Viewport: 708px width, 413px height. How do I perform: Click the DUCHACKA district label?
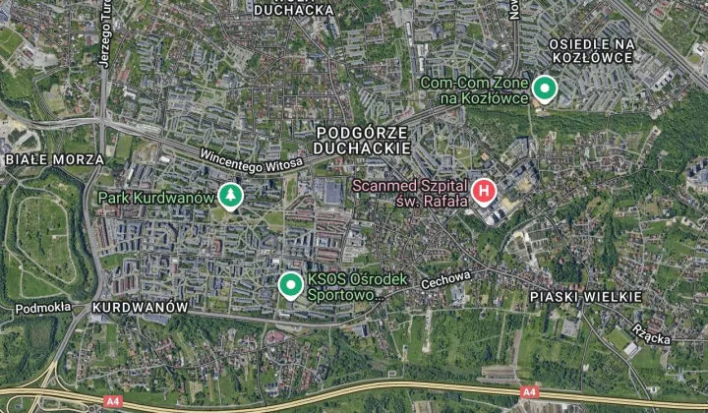coord(294,10)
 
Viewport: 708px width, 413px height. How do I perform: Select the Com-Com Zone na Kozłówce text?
coord(474,90)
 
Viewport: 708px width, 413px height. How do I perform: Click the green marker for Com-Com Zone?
coord(544,89)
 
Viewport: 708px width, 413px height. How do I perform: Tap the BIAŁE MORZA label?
coord(54,158)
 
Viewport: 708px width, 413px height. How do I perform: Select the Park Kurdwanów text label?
coord(155,198)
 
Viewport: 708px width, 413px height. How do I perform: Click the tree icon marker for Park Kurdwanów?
coord(230,197)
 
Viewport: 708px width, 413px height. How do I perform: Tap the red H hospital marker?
coord(483,191)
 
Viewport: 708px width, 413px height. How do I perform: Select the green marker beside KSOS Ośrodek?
coord(290,286)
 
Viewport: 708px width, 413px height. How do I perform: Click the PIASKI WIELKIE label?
coord(585,296)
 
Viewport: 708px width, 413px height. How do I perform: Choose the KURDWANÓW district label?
coord(139,307)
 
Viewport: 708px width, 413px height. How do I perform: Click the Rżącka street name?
coord(652,334)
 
